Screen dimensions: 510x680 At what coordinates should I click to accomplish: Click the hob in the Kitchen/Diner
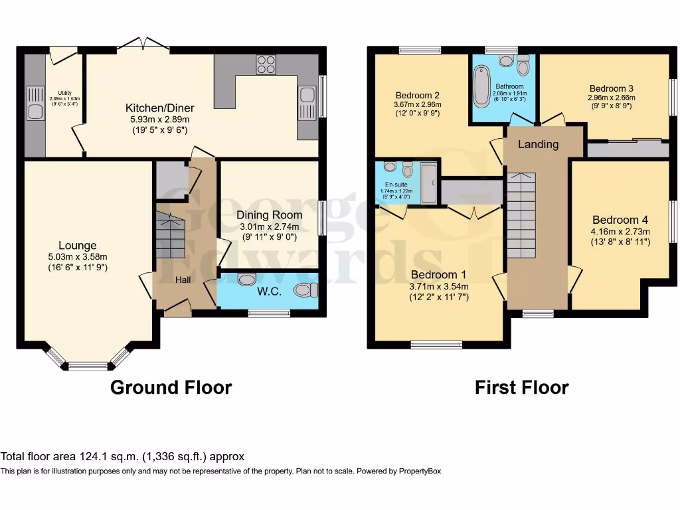coord(266,64)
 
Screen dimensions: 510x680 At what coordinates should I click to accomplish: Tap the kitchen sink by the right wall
coord(307,104)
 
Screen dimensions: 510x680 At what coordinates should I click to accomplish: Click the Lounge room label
coord(77,246)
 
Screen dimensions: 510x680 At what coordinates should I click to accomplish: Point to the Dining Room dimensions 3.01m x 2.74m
coord(269,226)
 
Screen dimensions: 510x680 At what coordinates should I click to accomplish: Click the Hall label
coord(183,280)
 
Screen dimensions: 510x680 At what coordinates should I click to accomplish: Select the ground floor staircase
coord(171,236)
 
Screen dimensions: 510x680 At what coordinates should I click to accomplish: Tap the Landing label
coord(538,144)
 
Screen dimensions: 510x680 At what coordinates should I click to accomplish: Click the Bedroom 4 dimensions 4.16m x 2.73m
coord(620,231)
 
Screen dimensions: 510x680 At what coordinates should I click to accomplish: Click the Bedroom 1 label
coord(439,275)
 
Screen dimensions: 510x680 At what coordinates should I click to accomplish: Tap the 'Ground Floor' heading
coord(171,387)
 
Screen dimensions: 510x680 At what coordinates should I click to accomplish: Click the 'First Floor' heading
coord(521,387)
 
